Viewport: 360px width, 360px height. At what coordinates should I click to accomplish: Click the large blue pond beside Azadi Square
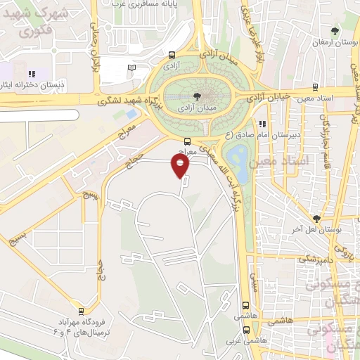click(x=236, y=161)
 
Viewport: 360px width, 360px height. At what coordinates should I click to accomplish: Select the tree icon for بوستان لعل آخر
click(x=317, y=219)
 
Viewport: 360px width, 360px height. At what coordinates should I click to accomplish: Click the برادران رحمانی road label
click(x=92, y=49)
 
